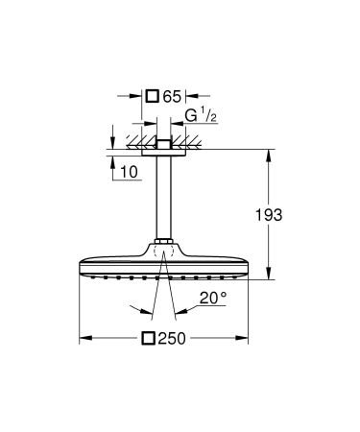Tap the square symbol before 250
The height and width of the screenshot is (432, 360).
148,338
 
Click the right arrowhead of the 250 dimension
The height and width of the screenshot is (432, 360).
247,338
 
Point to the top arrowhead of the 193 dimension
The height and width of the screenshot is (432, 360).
269,152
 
